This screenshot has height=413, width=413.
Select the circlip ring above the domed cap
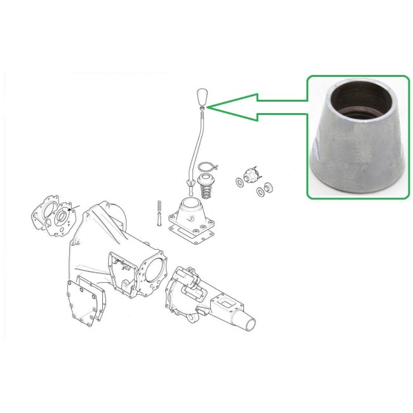click(x=205, y=168)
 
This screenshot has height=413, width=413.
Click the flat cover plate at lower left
click(x=85, y=303)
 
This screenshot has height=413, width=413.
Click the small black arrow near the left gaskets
click(x=69, y=208)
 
